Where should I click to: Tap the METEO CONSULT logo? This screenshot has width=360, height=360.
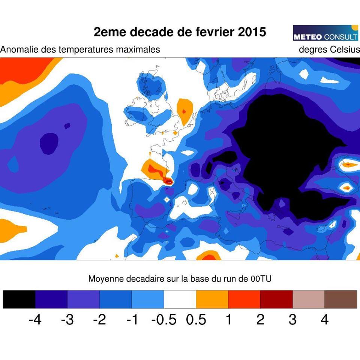(325, 33)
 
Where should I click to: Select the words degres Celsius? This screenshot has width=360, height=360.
(329, 49)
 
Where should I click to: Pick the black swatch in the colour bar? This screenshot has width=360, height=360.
(19, 299)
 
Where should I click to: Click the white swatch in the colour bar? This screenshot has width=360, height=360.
(180, 299)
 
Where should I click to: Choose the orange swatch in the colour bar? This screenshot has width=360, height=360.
(212, 299)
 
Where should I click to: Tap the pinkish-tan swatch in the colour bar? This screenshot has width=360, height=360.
(308, 299)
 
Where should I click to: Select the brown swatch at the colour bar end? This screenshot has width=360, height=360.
(340, 299)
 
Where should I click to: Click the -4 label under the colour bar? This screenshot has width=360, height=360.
(35, 320)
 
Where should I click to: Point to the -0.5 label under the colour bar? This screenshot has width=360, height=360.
(164, 320)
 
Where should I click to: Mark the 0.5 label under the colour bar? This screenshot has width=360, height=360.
(196, 320)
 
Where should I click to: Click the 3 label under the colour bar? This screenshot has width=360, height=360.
(292, 320)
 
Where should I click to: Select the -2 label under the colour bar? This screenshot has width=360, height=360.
(99, 320)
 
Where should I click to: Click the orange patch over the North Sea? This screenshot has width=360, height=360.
(184, 112)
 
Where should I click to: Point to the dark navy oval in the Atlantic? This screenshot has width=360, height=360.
(49, 143)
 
